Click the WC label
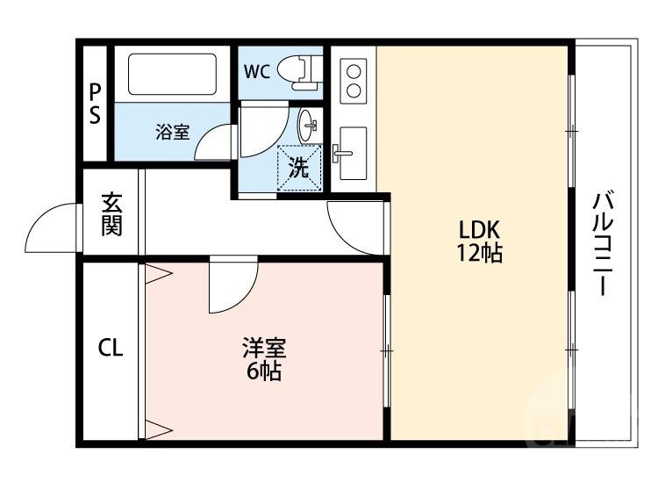[257, 72]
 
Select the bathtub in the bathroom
[172, 76]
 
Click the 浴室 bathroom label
[173, 133]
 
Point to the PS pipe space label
[94, 103]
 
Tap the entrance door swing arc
[53, 227]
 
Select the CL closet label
[111, 349]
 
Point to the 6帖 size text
[263, 371]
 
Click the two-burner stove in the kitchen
[354, 79]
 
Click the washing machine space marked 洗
[300, 168]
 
